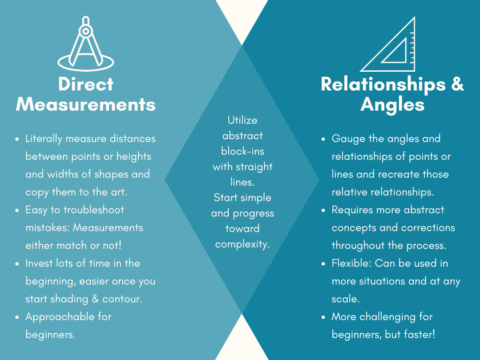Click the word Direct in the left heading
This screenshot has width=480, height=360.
[x=86, y=84]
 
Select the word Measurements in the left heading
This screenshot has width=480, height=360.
[x=86, y=104]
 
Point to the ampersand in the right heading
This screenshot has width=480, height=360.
[x=457, y=84]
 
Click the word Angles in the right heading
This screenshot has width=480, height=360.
[x=392, y=104]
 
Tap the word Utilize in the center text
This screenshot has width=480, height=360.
[x=242, y=120]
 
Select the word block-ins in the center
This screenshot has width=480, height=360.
[x=242, y=151]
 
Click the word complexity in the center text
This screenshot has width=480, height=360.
[x=242, y=244]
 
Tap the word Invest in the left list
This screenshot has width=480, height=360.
[x=39, y=263]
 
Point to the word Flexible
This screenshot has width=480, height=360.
[x=351, y=263]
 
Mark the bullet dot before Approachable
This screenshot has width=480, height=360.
[x=17, y=317]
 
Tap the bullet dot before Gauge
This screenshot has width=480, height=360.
[x=323, y=139]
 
